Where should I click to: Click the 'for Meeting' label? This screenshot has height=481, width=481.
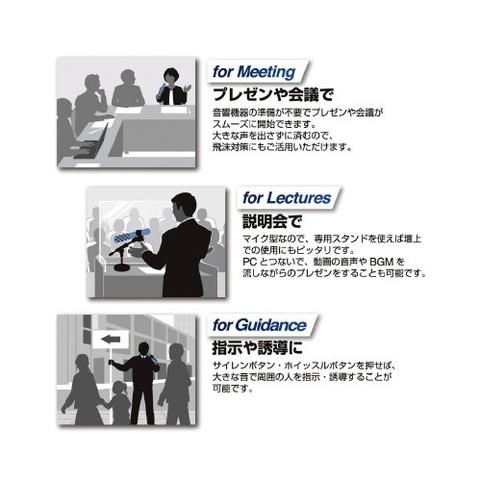(x=254, y=72)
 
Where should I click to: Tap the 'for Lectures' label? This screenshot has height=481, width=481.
(x=287, y=198)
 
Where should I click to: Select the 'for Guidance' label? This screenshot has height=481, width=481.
(x=260, y=325)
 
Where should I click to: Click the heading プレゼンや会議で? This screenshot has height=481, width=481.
(x=273, y=94)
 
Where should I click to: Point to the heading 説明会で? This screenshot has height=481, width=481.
(x=272, y=221)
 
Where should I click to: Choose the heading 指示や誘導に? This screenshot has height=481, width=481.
(x=257, y=348)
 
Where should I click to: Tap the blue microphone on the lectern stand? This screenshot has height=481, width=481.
(x=132, y=236)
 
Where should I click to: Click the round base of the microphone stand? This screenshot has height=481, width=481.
(x=122, y=266)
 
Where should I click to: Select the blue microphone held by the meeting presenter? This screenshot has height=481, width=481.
(x=161, y=91)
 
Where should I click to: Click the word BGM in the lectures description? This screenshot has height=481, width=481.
(x=381, y=262)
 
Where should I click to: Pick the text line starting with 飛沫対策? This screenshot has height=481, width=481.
(x=283, y=147)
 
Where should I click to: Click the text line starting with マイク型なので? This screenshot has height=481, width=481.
(x=332, y=239)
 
